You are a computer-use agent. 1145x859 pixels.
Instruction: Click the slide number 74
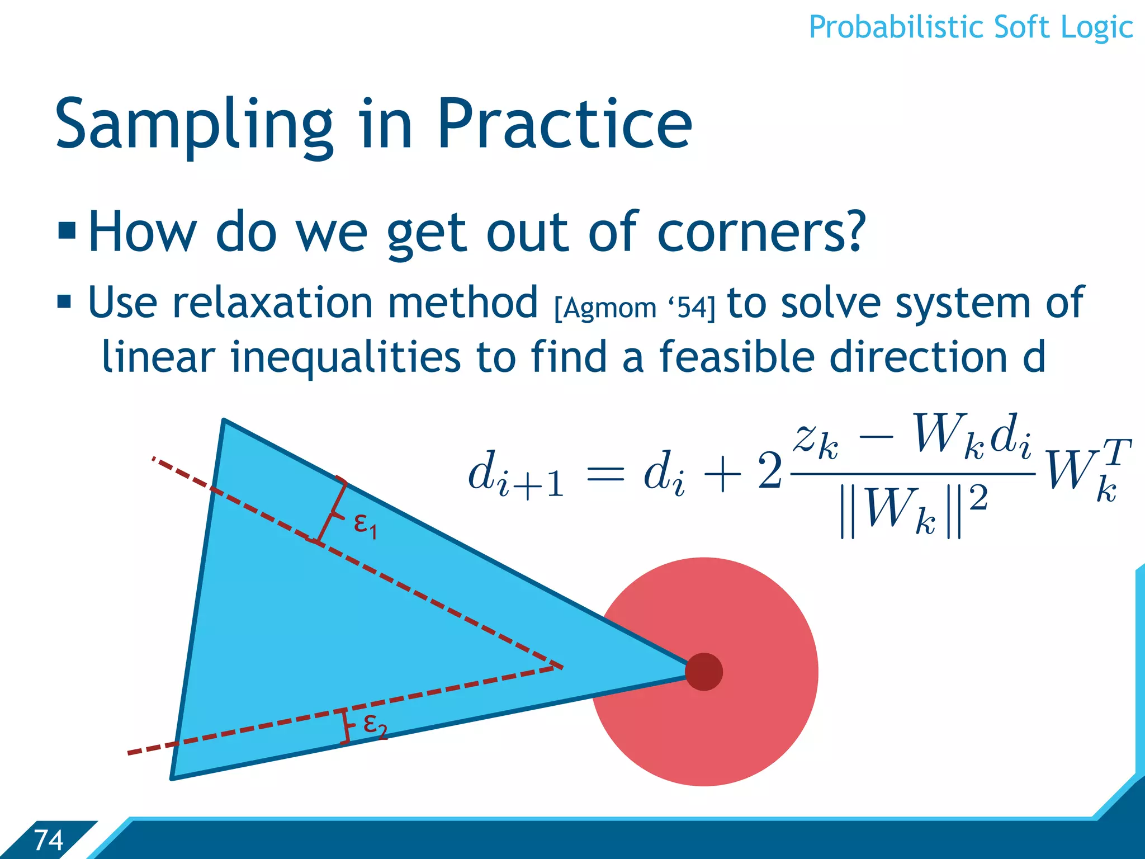click(x=48, y=840)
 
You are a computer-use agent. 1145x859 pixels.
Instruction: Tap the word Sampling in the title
click(x=193, y=126)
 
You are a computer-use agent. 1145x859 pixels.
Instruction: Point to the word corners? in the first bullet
click(x=761, y=232)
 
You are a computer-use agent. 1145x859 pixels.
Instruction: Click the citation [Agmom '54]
click(x=634, y=308)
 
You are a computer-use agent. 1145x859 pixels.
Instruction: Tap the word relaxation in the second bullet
click(x=272, y=303)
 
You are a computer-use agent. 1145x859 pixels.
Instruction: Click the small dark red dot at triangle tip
click(x=704, y=672)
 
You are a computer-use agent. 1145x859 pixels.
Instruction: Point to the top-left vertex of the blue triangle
click(x=224, y=420)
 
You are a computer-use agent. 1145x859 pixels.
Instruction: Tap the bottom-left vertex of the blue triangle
click(x=172, y=778)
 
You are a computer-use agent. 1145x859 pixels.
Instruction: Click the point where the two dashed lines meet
click(x=559, y=666)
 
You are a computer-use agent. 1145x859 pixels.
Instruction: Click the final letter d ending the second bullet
click(x=1033, y=357)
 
